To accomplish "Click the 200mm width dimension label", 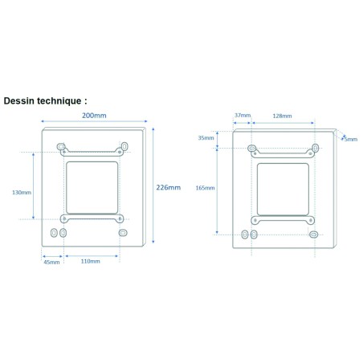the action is [94, 116].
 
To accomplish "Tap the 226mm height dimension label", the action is [169, 187].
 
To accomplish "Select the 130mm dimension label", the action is [22, 192].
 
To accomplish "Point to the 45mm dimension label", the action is [51, 262].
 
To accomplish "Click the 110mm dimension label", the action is [91, 261].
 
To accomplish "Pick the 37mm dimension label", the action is [243, 115].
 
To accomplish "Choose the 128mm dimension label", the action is [282, 116].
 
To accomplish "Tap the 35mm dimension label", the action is [206, 138].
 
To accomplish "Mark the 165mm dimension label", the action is [205, 188].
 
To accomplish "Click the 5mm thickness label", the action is [351, 139].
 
